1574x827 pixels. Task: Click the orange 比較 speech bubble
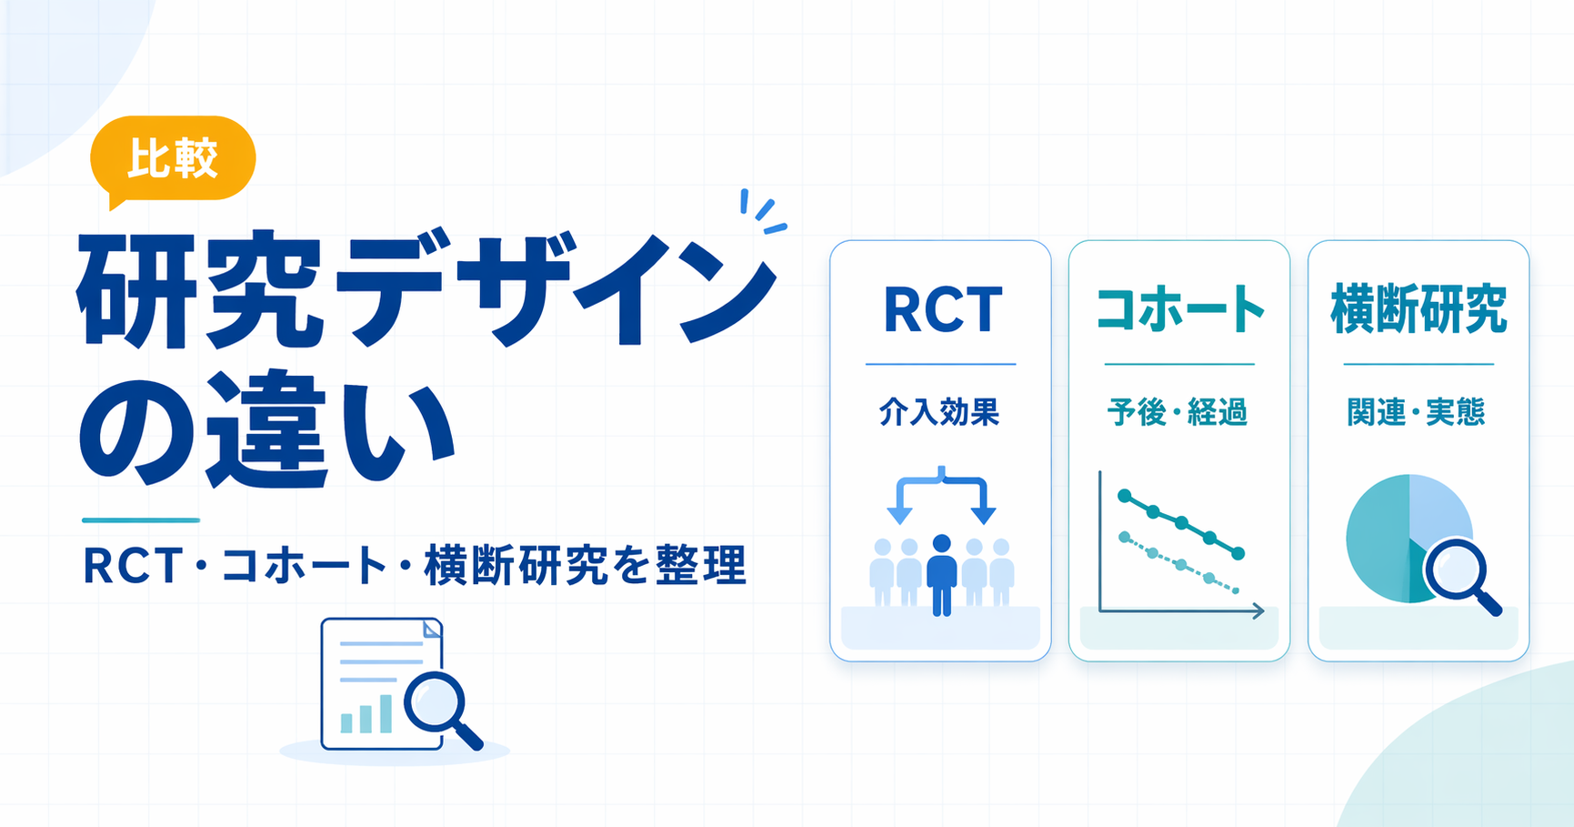[x=173, y=159]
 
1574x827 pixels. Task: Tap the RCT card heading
[x=942, y=310]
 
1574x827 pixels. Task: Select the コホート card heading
[x=1179, y=310]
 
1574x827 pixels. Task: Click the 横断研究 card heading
[x=1419, y=310]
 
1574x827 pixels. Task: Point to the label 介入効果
[x=940, y=412]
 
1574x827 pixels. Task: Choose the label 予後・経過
[x=1178, y=412]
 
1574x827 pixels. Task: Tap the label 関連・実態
[x=1417, y=412]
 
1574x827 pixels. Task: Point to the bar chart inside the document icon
[x=366, y=714]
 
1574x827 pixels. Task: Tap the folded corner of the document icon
[x=432, y=628]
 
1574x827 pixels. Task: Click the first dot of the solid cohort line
[x=1125, y=496]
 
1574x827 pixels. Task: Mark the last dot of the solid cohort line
[x=1238, y=552]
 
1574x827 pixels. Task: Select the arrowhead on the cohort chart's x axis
[x=1258, y=611]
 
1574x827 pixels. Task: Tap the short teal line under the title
[x=141, y=520]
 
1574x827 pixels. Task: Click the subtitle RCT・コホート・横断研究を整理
[x=415, y=565]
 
